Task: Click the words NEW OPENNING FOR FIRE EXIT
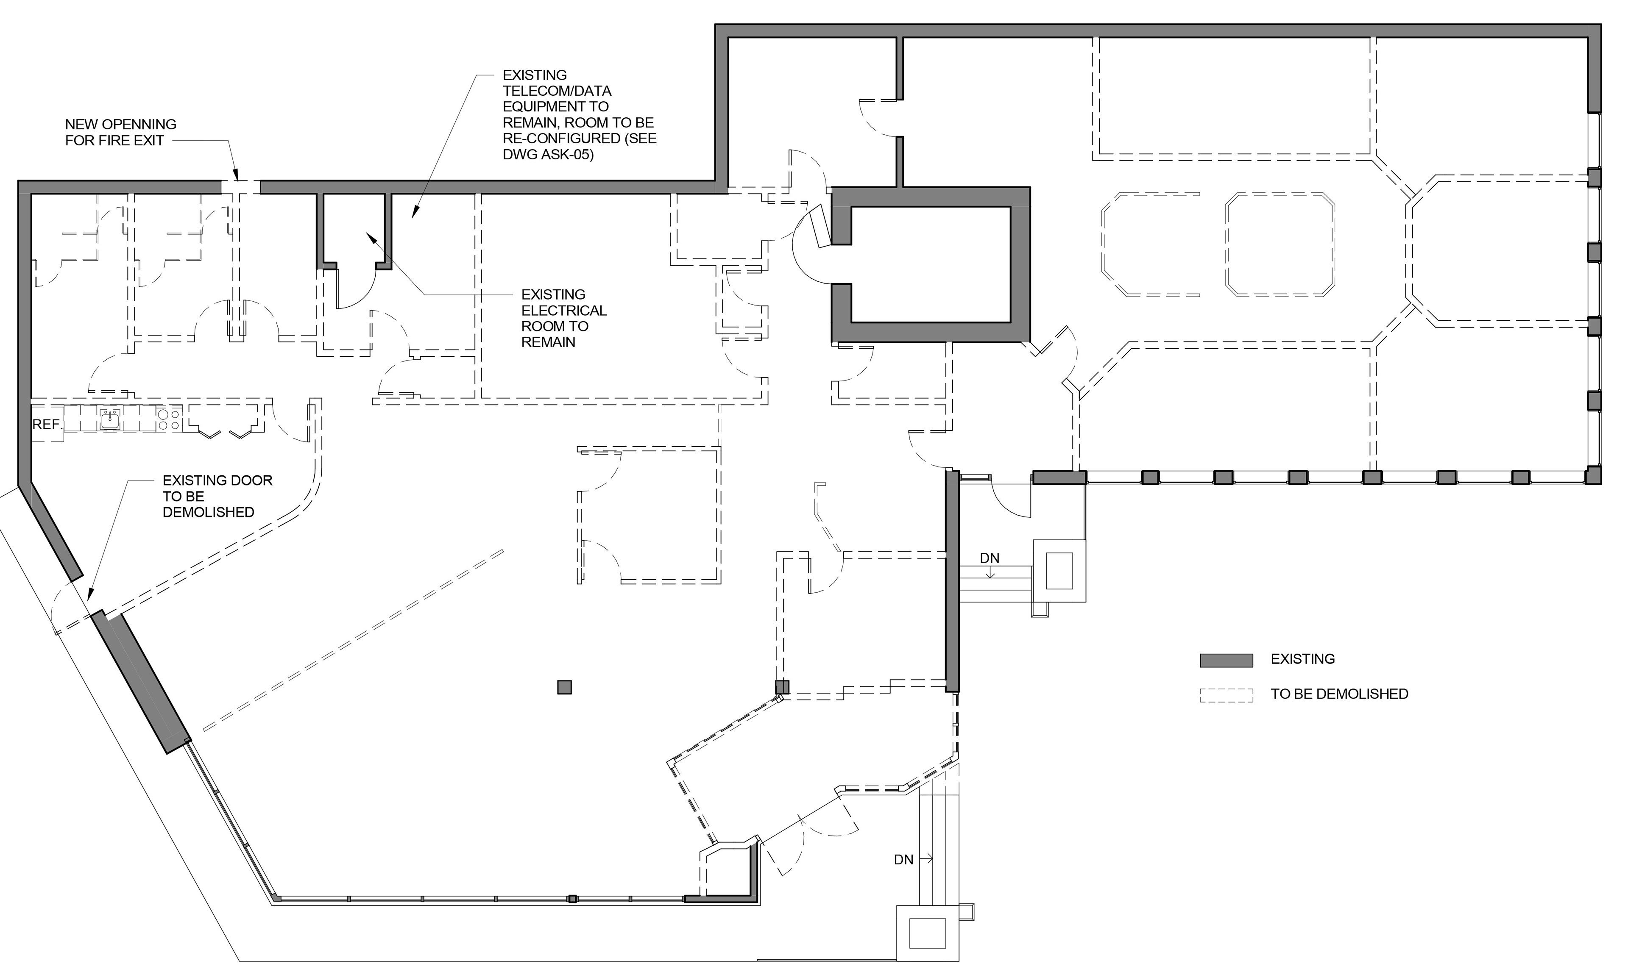pyautogui.click(x=120, y=132)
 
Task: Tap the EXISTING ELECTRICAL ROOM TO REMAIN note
pyautogui.click(x=563, y=318)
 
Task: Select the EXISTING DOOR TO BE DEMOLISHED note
pyautogui.click(x=217, y=496)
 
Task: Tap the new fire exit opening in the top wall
pyautogui.click(x=240, y=187)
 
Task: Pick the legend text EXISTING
pyautogui.click(x=1302, y=659)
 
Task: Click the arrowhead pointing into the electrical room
pyautogui.click(x=371, y=236)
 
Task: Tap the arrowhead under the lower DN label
pyautogui.click(x=990, y=574)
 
